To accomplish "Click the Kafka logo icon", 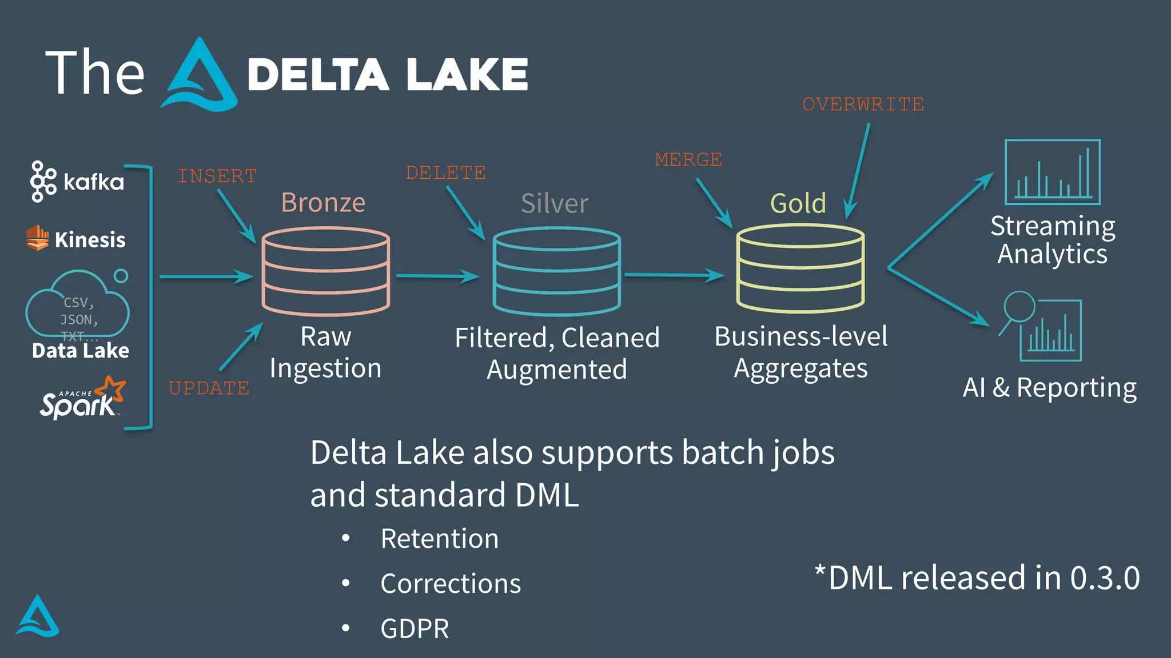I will pyautogui.click(x=43, y=182).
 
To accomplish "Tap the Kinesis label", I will pyautogui.click(x=90, y=240).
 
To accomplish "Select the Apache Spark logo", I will pyautogui.click(x=82, y=399).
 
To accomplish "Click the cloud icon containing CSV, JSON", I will pyautogui.click(x=78, y=306).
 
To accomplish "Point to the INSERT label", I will pyautogui.click(x=217, y=176).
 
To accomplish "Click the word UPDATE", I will pyautogui.click(x=209, y=388).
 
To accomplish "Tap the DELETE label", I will pyautogui.click(x=445, y=172).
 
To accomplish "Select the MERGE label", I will pyautogui.click(x=688, y=159).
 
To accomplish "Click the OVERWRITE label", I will pyautogui.click(x=863, y=105).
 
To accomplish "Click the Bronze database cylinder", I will pyautogui.click(x=326, y=271).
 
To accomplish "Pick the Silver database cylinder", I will pyautogui.click(x=556, y=271).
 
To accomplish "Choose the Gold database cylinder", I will pyautogui.click(x=800, y=268).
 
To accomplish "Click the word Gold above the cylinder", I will pyautogui.click(x=798, y=203).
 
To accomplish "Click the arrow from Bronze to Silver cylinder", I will pyautogui.click(x=437, y=276).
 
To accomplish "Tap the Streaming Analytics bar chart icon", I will pyautogui.click(x=1053, y=172).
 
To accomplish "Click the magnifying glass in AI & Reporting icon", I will pyautogui.click(x=1019, y=307).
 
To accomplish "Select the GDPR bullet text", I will pyautogui.click(x=415, y=629).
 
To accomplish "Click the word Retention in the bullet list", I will pyautogui.click(x=440, y=539).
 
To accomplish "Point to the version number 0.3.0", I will pyautogui.click(x=1105, y=578).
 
